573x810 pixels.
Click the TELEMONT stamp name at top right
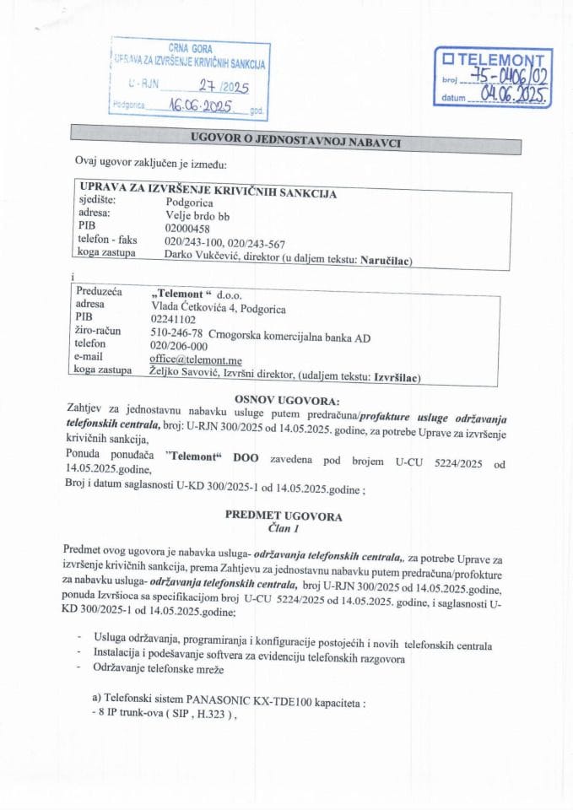tap(497, 61)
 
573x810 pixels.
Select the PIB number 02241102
tap(173, 320)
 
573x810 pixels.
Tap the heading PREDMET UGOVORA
tap(284, 514)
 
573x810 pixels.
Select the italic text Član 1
tap(284, 527)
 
